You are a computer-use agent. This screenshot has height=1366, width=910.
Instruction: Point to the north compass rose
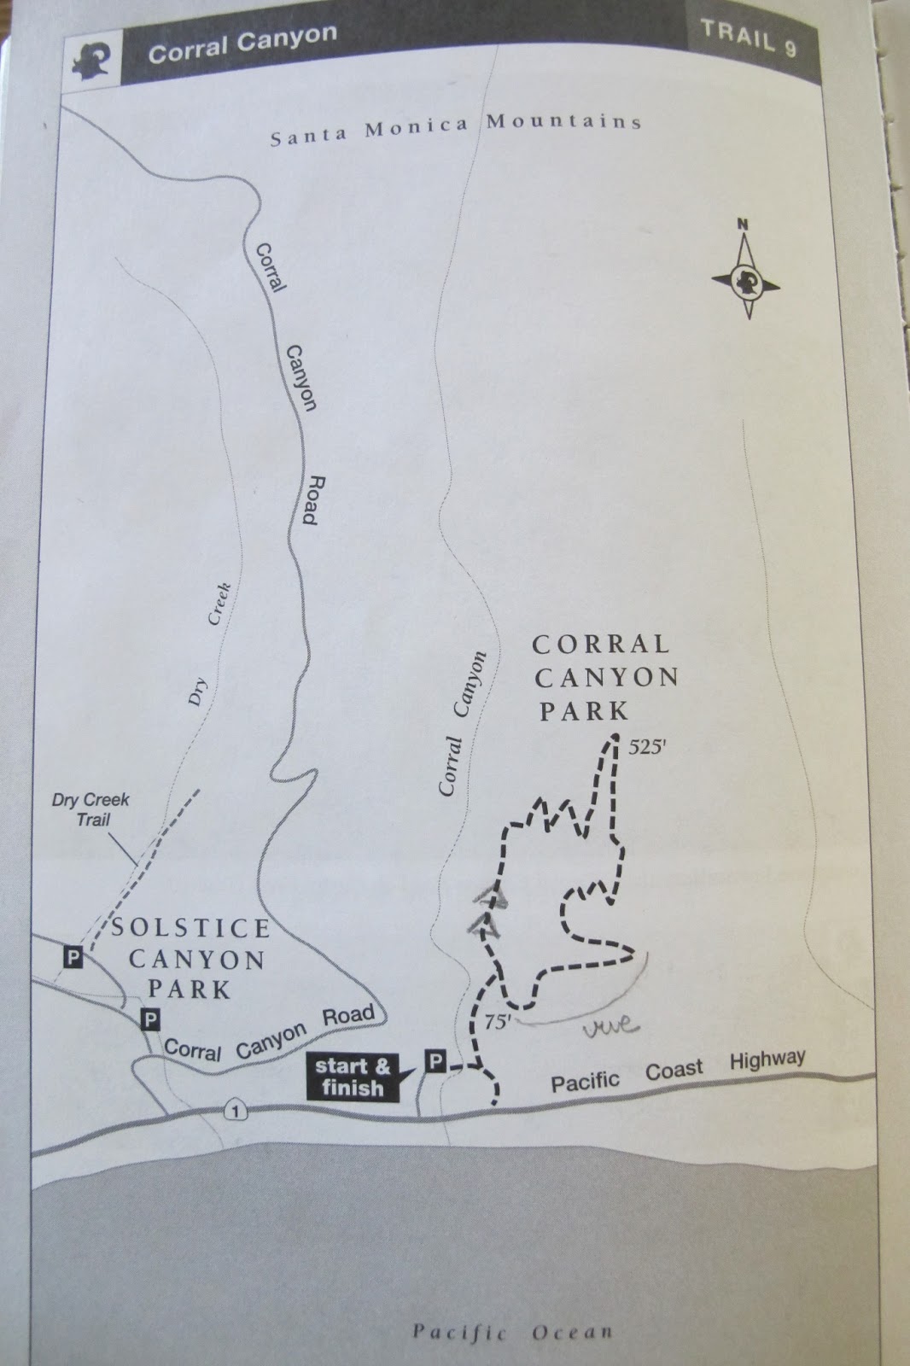click(744, 277)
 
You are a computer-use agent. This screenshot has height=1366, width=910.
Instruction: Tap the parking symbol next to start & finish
click(436, 1061)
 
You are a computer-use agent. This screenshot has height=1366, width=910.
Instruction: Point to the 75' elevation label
click(496, 1022)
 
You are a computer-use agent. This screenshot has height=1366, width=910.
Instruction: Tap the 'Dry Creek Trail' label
click(90, 809)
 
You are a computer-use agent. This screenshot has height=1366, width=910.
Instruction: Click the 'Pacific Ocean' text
click(512, 1331)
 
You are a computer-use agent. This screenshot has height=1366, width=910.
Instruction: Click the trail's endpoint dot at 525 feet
click(612, 740)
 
